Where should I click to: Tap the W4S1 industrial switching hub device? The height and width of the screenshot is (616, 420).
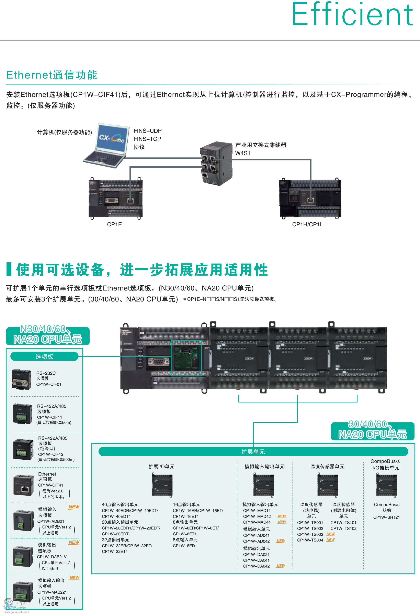[216, 163]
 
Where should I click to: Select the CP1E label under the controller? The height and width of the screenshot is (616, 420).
[114, 225]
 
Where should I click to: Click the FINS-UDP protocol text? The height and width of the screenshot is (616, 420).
[147, 131]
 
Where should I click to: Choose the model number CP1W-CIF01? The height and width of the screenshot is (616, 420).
[49, 384]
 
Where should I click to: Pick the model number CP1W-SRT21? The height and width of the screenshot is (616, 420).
[386, 517]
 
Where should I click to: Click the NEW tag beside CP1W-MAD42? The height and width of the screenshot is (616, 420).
[282, 516]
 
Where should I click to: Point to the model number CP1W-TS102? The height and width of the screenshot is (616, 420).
[343, 528]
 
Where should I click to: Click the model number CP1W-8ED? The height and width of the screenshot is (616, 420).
[184, 546]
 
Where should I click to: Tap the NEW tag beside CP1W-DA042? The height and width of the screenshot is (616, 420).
[281, 566]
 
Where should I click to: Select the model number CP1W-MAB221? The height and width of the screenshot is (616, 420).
[52, 592]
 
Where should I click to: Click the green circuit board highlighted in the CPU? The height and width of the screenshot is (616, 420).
[186, 358]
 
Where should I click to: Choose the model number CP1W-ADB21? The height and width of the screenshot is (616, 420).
[51, 521]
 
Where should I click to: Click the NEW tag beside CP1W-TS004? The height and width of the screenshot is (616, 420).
[330, 540]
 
